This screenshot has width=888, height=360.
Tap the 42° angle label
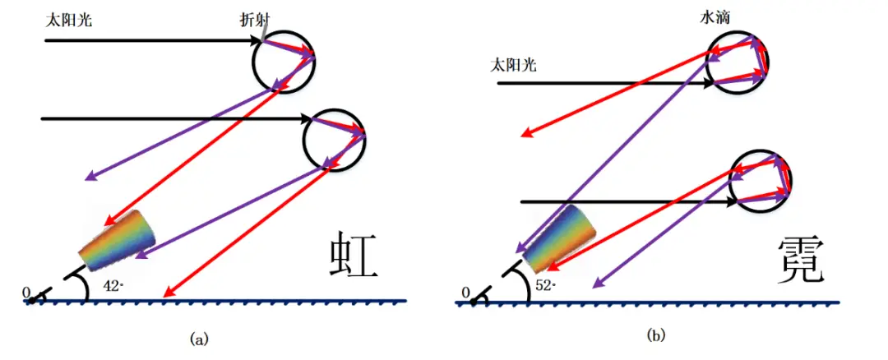(x=114, y=286)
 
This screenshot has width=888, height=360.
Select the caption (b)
(x=655, y=335)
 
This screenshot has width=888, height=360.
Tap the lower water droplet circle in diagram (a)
(x=334, y=138)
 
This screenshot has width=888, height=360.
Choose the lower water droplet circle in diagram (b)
(x=761, y=179)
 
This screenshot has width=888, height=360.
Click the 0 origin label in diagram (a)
(x=26, y=291)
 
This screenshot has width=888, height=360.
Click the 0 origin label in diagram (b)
(x=466, y=292)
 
